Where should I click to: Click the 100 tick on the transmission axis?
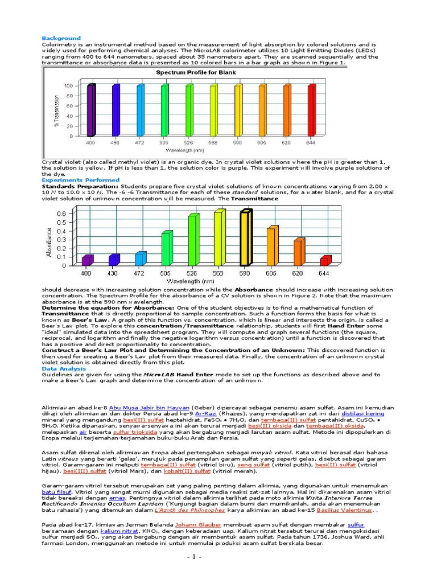pos(69,86)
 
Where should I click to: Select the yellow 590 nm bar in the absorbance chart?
pos(245,237)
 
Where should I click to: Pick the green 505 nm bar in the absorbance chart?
pos(166,248)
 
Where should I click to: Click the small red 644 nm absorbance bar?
pos(325,261)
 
